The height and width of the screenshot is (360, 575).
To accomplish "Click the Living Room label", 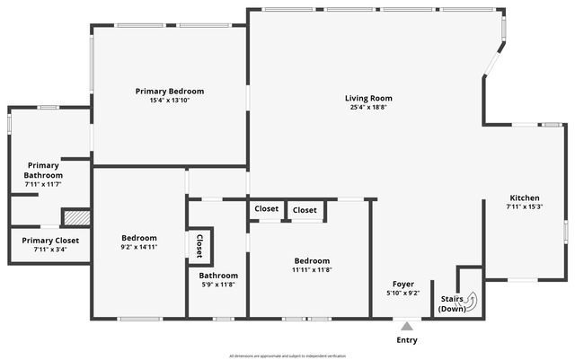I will click(x=368, y=98).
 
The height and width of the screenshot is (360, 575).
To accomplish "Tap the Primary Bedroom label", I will click(x=170, y=91).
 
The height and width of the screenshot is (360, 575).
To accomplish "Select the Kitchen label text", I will click(x=525, y=198).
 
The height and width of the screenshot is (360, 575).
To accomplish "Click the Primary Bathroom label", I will click(x=43, y=170).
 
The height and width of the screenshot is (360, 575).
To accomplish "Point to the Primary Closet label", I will click(x=50, y=240).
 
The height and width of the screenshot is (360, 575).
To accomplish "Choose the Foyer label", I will click(x=402, y=284).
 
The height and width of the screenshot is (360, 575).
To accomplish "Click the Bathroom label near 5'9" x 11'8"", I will click(x=218, y=276).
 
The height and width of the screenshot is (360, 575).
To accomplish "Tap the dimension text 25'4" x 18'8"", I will click(x=368, y=108).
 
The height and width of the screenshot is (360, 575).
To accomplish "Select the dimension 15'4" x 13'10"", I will click(x=170, y=101).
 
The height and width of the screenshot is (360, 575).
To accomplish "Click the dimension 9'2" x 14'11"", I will click(x=139, y=247).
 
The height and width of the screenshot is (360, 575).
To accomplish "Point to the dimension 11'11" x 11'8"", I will click(x=312, y=269).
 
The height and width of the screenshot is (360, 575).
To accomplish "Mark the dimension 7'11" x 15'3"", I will click(x=525, y=207).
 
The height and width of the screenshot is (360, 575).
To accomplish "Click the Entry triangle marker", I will click(x=407, y=326).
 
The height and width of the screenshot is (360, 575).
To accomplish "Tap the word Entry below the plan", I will click(x=407, y=340).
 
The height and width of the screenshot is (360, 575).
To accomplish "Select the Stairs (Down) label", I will click(x=452, y=303).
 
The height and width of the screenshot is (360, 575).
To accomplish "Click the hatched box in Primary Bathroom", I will click(x=76, y=216).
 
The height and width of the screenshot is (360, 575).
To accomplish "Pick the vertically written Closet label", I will click(x=199, y=245).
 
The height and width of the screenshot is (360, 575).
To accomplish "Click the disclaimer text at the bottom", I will click(x=287, y=355).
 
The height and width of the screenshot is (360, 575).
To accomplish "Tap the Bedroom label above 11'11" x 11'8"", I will click(x=312, y=260).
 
